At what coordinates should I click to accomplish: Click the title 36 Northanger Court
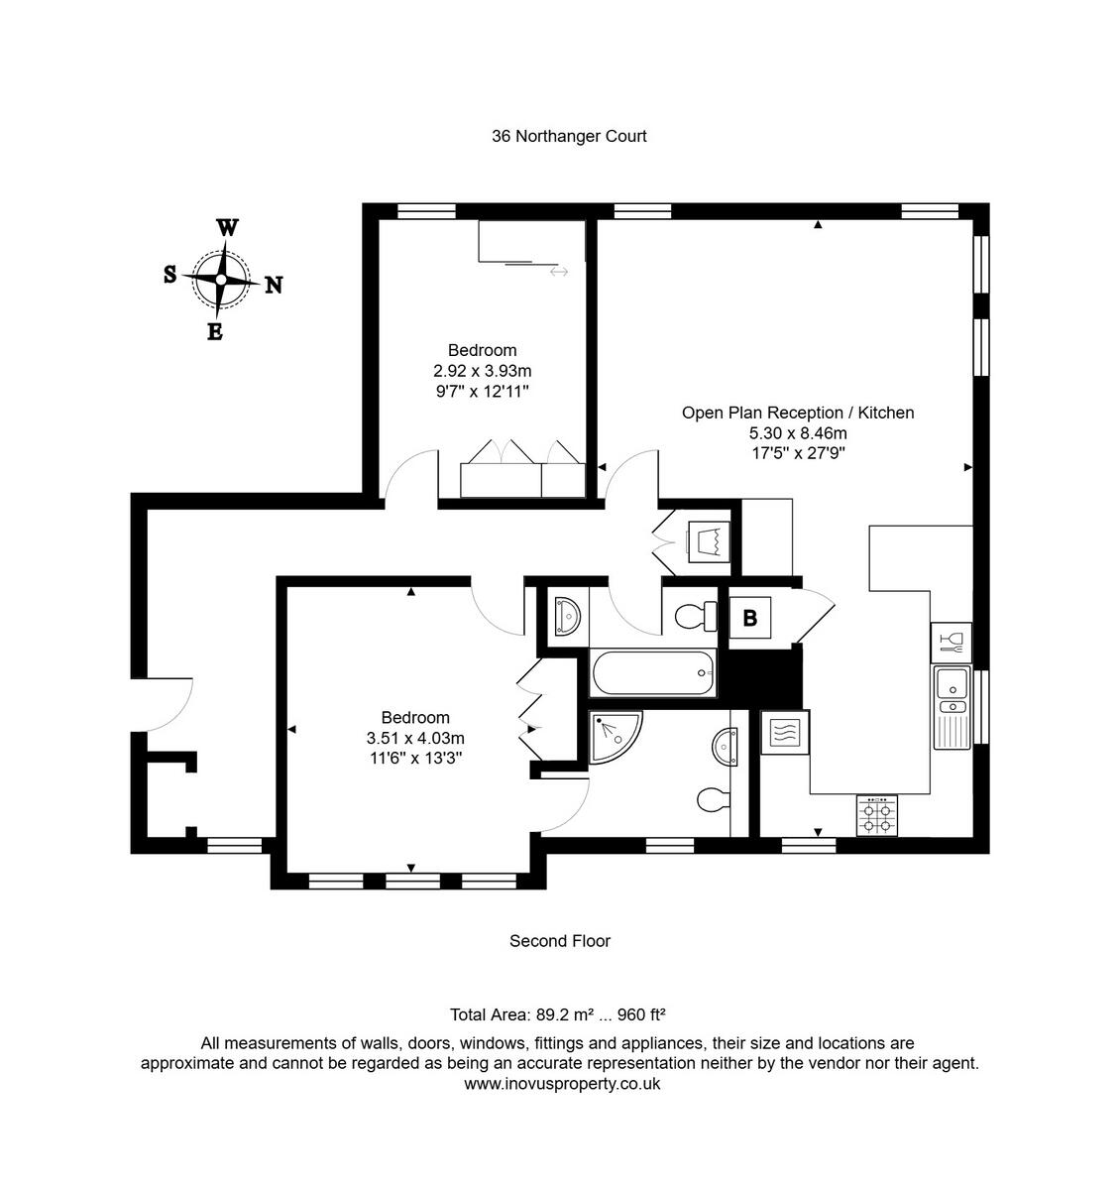point(569,136)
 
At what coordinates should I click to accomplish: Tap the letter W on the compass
point(227,228)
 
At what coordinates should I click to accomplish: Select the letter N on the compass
point(274,286)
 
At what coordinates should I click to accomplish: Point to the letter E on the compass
point(214,332)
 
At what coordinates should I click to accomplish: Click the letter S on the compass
point(170,275)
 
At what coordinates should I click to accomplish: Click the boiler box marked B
point(750,618)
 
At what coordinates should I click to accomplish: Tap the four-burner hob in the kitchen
point(877,815)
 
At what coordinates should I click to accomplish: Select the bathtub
point(652,674)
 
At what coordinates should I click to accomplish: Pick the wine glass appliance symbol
point(951,642)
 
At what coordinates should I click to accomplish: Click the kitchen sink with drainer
point(952,708)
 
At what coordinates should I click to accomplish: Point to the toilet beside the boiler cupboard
point(696,616)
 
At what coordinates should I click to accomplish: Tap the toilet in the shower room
point(712,799)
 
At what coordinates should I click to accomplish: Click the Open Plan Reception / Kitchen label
point(798,413)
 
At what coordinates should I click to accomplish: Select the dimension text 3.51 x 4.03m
point(415,738)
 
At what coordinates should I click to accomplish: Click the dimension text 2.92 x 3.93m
point(482,371)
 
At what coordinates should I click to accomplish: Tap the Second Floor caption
point(560,941)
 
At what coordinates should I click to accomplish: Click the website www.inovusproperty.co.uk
point(562,1084)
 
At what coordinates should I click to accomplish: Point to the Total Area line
point(558,1014)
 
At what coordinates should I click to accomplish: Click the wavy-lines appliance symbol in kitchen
point(785,734)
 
